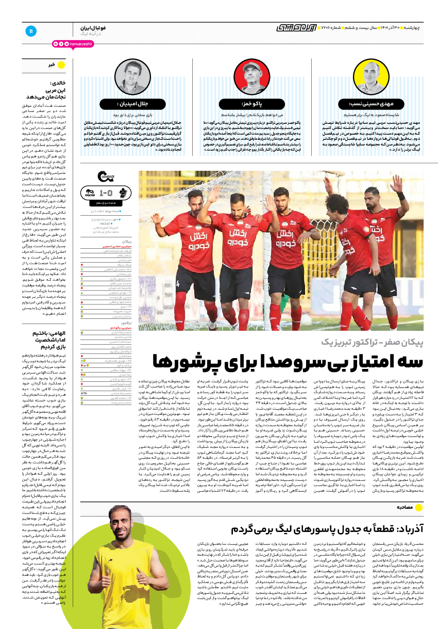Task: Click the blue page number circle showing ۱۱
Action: click(x=31, y=30)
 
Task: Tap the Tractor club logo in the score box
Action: click(x=89, y=192)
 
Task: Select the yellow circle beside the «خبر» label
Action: click(x=61, y=64)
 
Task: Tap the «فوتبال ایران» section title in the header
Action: click(x=93, y=27)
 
